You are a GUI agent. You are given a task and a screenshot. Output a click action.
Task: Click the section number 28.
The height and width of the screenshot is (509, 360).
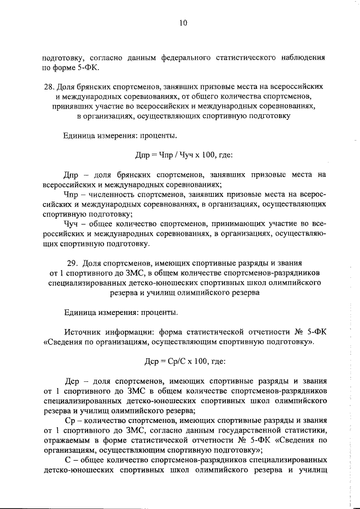tap(48, 88)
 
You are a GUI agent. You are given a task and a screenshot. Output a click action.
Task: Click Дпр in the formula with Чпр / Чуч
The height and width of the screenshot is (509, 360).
tap(145, 155)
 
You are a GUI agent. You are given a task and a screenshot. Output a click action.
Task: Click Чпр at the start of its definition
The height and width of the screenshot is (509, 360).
tap(73, 195)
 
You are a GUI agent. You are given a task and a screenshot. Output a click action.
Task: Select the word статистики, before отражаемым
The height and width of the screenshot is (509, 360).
tap(305, 431)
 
